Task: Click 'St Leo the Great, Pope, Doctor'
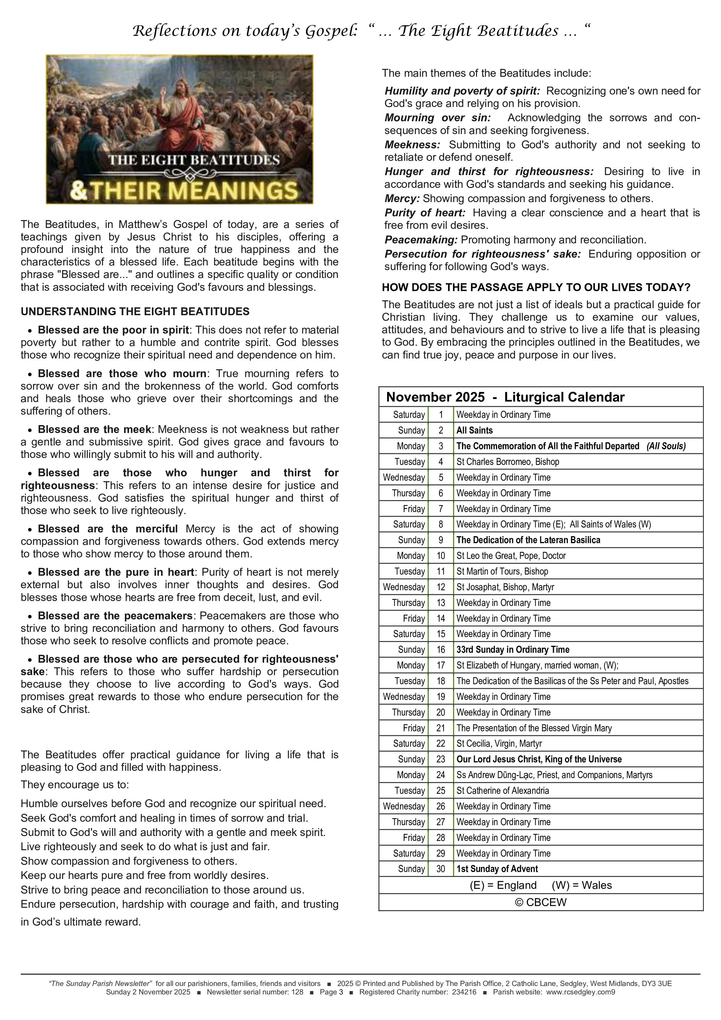[511, 555]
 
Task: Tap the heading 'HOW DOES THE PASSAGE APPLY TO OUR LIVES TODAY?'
[536, 288]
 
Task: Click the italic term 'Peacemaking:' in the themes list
[421, 240]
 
